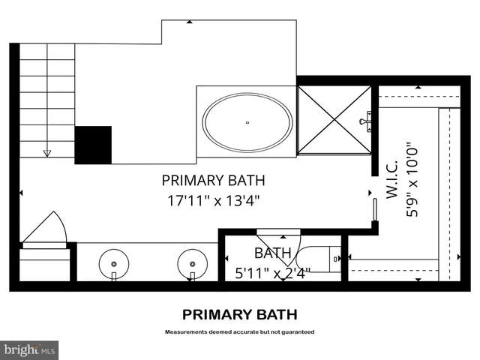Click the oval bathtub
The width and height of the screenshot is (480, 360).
coord(247,122)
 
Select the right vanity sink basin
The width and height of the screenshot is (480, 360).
coord(193,264)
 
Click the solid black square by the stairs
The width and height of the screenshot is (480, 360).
coord(93,144)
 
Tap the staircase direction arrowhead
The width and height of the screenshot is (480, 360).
coord(47,154)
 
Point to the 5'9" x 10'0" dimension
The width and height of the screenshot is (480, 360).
coord(410,180)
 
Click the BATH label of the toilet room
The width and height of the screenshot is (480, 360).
coord(271,253)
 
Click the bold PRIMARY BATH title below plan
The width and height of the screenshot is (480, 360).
coord(240,314)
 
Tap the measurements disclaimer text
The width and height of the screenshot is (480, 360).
coord(240,331)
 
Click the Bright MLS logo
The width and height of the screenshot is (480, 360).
coord(29,349)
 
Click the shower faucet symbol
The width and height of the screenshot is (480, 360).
coord(367,121)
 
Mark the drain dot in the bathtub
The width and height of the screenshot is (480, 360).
coord(247,122)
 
